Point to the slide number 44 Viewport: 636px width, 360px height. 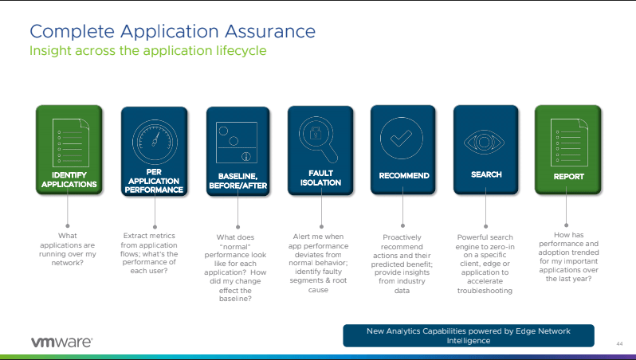coord(619,343)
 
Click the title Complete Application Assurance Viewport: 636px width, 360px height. coord(172,32)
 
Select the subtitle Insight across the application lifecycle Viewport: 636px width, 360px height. coord(147,50)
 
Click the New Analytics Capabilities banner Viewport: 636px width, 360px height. coord(468,335)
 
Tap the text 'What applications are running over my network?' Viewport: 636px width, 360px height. coord(68,248)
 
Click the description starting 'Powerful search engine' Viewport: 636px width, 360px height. coord(485,264)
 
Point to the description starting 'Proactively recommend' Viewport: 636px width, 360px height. coord(402,264)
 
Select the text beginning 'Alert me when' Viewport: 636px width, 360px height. coord(318,263)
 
